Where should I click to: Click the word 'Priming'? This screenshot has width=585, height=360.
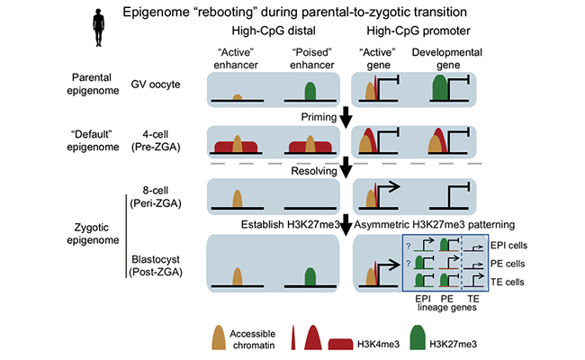[319, 117]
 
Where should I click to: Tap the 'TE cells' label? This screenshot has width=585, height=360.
[511, 282]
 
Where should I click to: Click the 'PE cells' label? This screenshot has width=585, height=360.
[511, 264]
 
